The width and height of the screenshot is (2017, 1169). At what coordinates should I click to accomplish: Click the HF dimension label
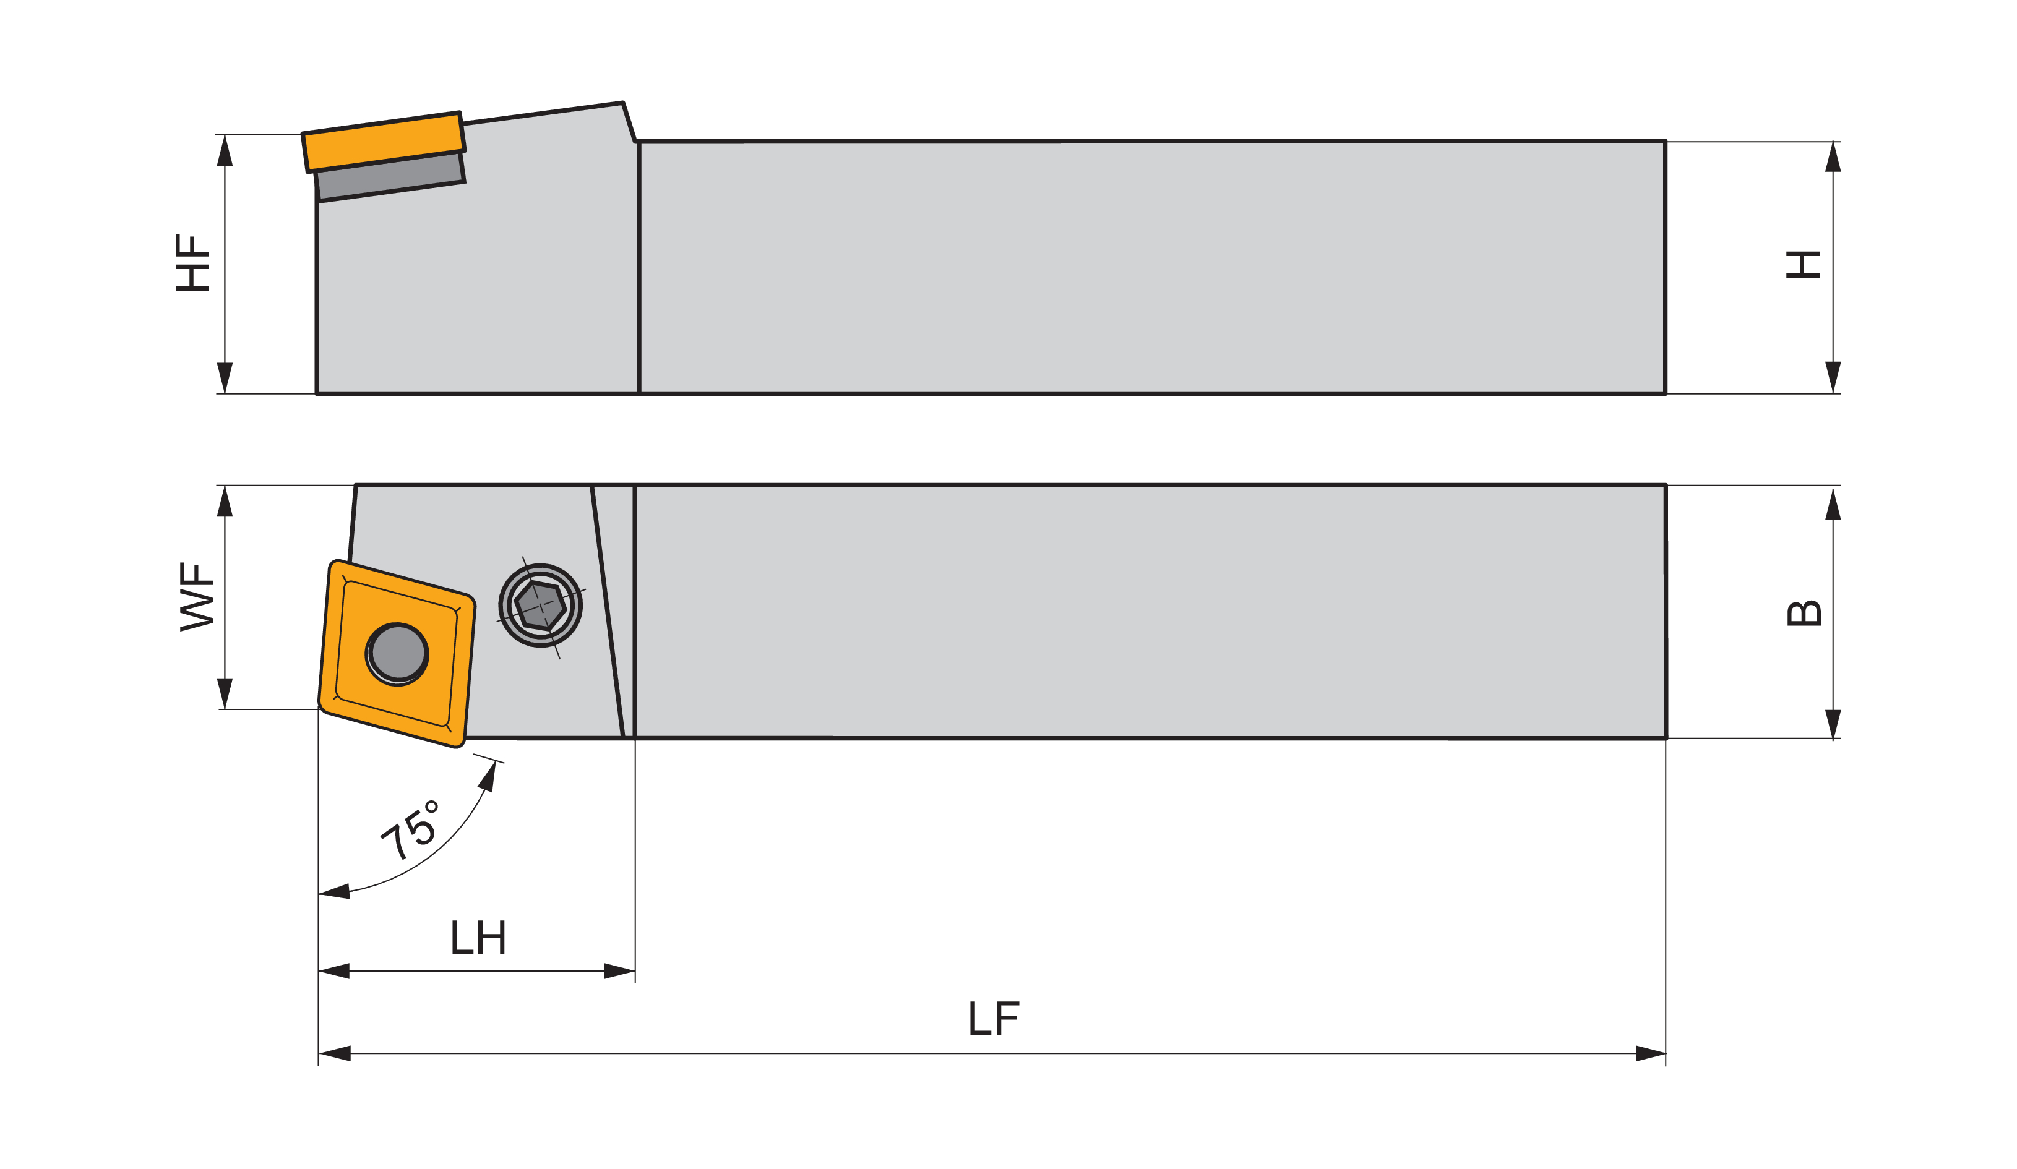point(193,262)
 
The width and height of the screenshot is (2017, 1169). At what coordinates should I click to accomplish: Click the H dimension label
point(1804,265)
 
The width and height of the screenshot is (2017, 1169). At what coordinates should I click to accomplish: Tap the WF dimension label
point(197,597)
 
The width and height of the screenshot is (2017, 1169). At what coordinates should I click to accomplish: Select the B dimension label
point(1804,613)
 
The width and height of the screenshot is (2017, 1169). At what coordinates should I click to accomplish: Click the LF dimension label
point(994,1019)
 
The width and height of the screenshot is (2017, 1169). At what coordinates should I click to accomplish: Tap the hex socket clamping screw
point(540,606)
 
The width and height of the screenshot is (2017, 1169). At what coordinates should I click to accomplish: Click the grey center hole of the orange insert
point(398,654)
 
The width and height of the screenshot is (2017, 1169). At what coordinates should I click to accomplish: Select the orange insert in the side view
point(384,142)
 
